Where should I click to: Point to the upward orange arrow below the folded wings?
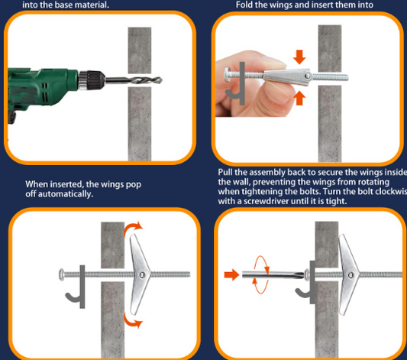click(x=299, y=97)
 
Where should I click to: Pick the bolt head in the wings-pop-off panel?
click(x=60, y=274)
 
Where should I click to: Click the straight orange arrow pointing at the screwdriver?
click(x=230, y=273)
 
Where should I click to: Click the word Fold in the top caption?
click(x=247, y=4)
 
